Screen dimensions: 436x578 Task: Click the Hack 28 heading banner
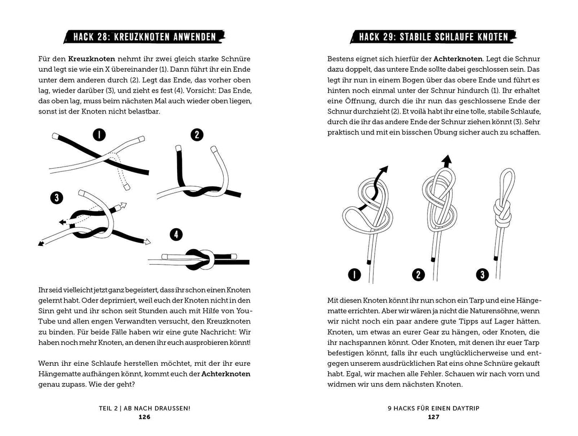(144, 37)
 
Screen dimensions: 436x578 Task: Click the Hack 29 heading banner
(433, 37)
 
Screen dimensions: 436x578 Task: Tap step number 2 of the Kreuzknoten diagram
(197, 134)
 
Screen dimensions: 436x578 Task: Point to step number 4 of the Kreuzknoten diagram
(176, 235)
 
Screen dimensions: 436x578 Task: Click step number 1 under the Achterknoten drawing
(354, 275)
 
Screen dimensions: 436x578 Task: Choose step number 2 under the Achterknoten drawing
(418, 275)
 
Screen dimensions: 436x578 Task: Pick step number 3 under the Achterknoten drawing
(483, 275)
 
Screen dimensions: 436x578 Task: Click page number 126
(144, 417)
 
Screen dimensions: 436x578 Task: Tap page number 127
(433, 417)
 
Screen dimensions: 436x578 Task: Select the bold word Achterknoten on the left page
(226, 374)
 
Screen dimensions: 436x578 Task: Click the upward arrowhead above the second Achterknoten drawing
(445, 159)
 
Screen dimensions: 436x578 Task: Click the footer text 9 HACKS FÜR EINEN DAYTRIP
(433, 408)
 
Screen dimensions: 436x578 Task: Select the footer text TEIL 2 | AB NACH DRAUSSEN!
(144, 408)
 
